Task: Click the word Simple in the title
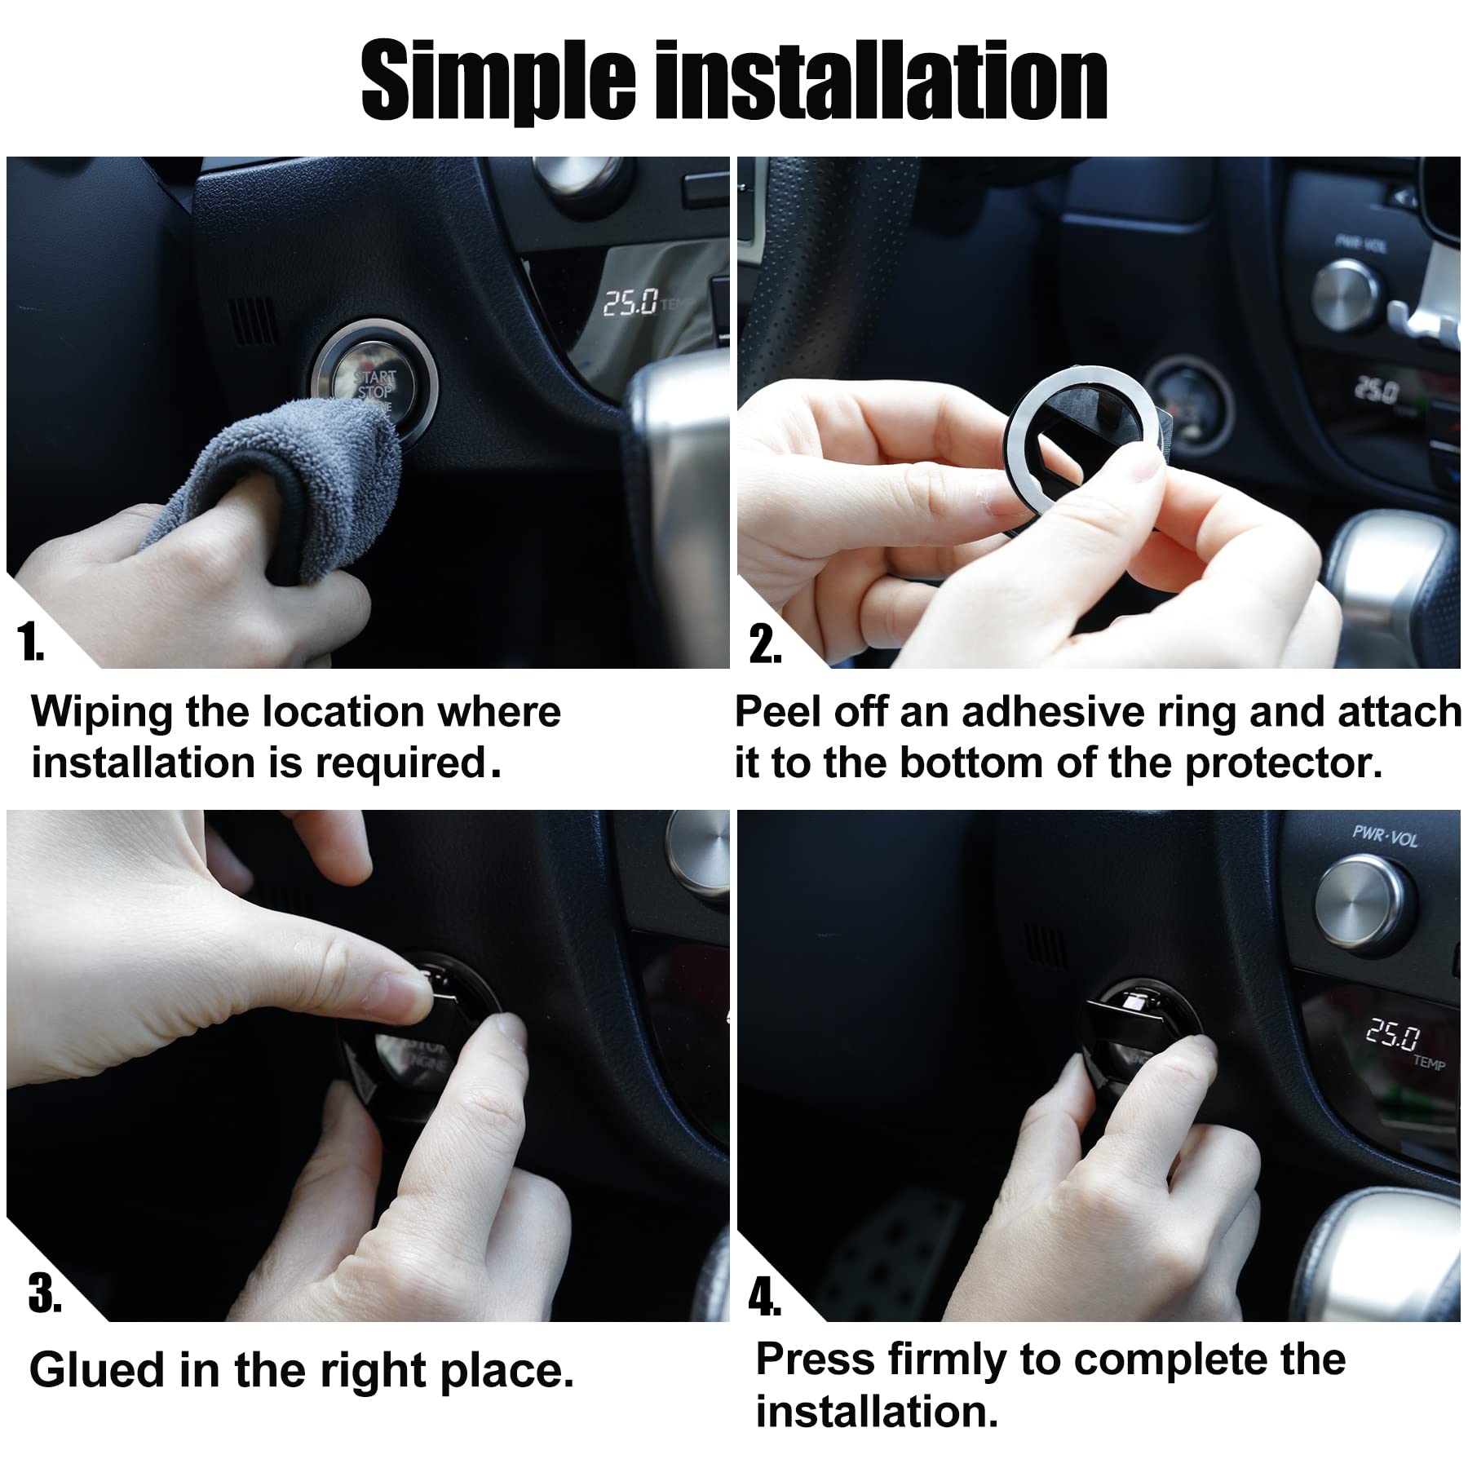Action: point(497,82)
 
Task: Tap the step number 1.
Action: point(31,645)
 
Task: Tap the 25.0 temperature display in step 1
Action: point(630,303)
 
